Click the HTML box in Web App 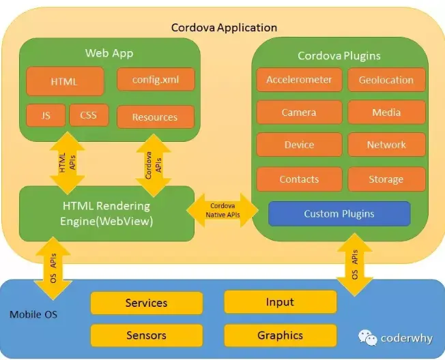tap(65, 82)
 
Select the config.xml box tap(156, 79)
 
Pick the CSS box tap(89, 115)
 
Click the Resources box tap(156, 117)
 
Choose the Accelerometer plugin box tap(299, 80)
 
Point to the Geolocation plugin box tap(386, 80)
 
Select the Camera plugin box tap(299, 112)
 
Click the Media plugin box tap(386, 112)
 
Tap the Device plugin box tap(299, 145)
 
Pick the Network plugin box tap(386, 145)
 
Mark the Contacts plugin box tap(299, 179)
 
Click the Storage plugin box tap(386, 179)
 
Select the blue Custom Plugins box tap(339, 213)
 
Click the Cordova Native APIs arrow tap(223, 210)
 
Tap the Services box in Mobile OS tap(147, 303)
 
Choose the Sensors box tap(147, 335)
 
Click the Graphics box tap(281, 335)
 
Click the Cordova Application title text tap(224, 28)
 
